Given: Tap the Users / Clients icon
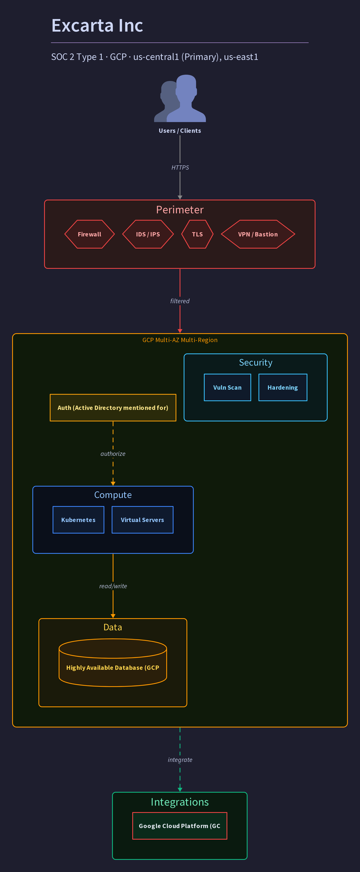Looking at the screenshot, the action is [180, 98].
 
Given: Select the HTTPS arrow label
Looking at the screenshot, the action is [180, 168].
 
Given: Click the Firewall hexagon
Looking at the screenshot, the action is [90, 234].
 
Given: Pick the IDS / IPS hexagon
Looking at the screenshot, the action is [148, 234].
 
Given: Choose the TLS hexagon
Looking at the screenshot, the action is [197, 234].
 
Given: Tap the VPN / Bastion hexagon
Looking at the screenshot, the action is [258, 234].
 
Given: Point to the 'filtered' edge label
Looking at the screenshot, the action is [180, 301].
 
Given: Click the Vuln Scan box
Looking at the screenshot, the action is [227, 388].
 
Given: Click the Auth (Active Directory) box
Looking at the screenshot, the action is [113, 408].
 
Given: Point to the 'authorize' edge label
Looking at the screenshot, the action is [113, 454].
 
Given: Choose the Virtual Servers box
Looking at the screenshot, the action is [142, 520].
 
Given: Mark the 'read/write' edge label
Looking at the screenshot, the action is [113, 586].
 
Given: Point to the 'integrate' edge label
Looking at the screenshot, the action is [180, 760].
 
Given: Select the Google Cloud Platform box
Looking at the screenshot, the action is [180, 826].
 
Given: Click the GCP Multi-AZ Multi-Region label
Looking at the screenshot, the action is [180, 340].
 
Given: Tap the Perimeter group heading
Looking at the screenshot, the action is [180, 210].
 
